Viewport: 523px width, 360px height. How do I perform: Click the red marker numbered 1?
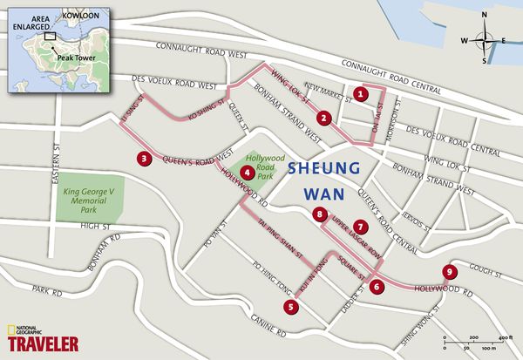pyautogui.click(x=362, y=92)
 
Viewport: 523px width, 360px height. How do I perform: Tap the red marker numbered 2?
pyautogui.click(x=323, y=119)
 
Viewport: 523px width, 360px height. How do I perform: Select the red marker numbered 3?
pyautogui.click(x=144, y=159)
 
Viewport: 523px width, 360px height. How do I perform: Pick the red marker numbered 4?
pyautogui.click(x=249, y=173)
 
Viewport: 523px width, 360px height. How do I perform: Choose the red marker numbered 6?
pyautogui.click(x=377, y=286)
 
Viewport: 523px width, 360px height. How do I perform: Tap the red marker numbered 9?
pyautogui.click(x=449, y=271)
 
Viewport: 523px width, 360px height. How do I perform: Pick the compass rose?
pyautogui.click(x=490, y=39)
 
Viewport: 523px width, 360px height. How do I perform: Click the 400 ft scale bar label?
pyautogui.click(x=504, y=336)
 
